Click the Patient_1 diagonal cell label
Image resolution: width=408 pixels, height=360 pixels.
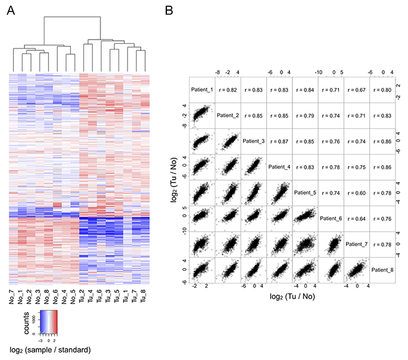202,89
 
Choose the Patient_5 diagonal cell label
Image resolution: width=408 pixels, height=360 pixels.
305,193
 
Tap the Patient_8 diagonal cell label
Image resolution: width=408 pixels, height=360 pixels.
382,270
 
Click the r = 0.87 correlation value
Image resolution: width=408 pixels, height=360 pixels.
279,141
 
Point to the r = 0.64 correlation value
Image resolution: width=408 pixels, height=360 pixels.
357,219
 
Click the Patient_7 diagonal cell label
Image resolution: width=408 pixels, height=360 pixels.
357,244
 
